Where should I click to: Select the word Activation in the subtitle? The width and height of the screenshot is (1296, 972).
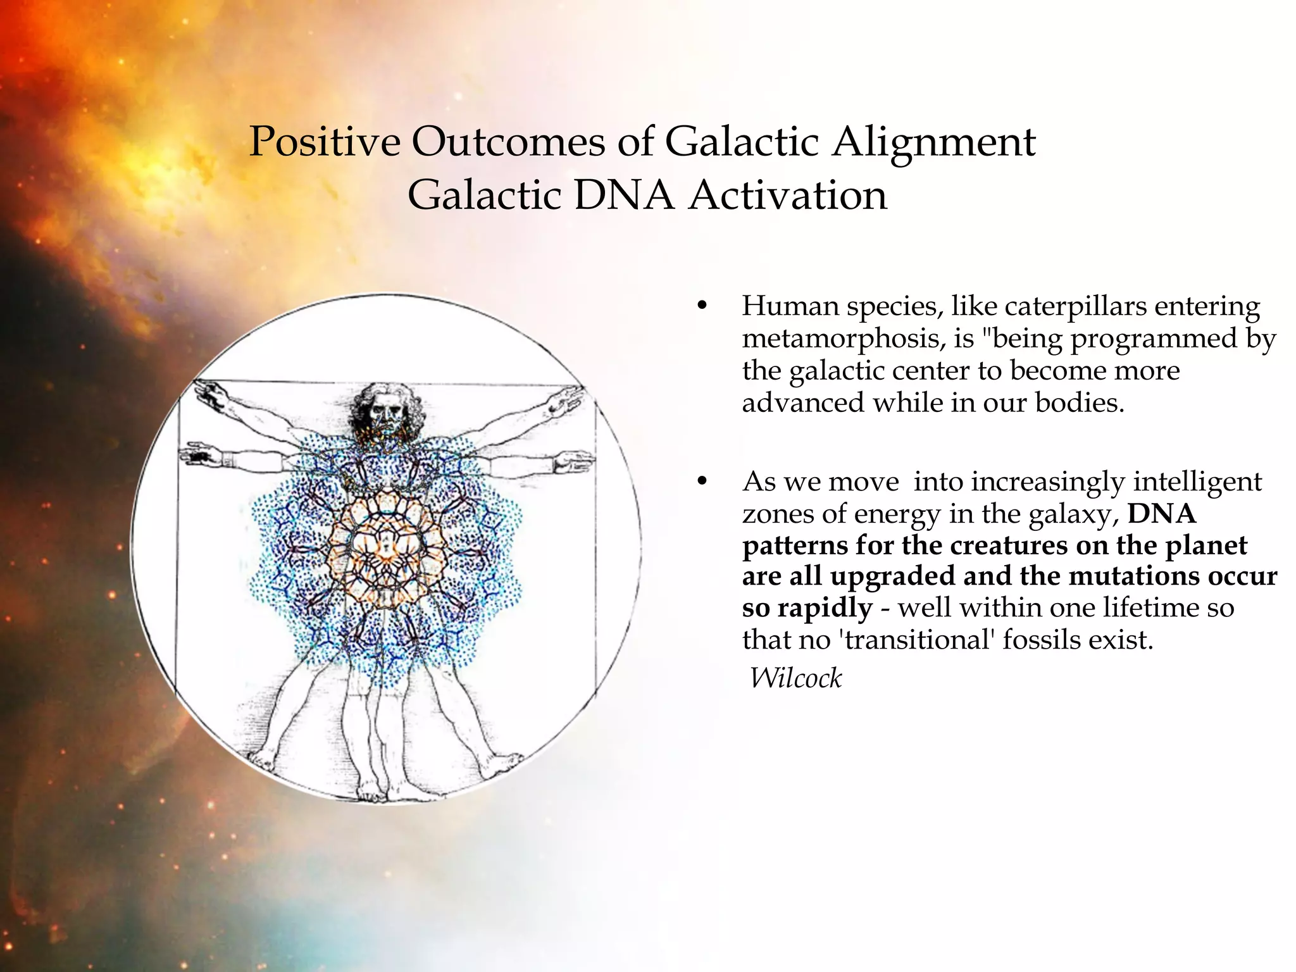[x=788, y=196]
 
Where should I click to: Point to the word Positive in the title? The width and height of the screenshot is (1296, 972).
[x=325, y=141]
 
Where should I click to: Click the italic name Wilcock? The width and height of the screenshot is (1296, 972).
[x=795, y=678]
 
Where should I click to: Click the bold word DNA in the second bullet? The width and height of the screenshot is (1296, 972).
[x=1162, y=513]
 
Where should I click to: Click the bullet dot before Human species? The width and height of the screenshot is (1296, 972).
[x=701, y=306]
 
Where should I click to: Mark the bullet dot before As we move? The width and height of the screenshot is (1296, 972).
[x=701, y=482]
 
